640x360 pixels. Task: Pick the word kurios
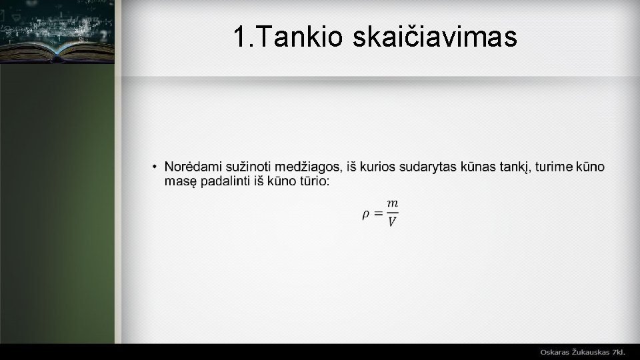point(380,166)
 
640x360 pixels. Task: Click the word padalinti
point(225,181)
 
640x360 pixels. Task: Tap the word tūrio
point(312,181)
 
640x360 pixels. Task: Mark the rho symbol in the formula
point(366,214)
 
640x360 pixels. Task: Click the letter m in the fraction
point(393,203)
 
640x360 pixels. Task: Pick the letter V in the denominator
point(392,222)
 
